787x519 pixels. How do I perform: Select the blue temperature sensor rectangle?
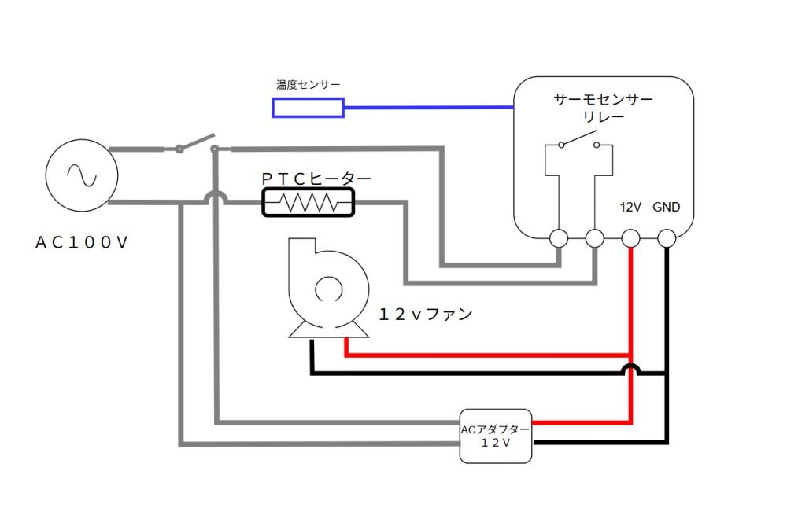[308, 107]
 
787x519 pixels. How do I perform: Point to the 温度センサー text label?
[308, 84]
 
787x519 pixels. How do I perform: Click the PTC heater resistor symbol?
[308, 203]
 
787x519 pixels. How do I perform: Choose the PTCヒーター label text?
[316, 179]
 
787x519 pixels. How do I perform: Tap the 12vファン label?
[426, 315]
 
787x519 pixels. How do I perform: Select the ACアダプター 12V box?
[495, 436]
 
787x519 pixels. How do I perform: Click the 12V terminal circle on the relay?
[631, 237]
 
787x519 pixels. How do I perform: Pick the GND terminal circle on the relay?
[667, 237]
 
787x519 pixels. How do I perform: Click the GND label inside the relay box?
[667, 208]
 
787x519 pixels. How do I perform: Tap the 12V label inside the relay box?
[631, 208]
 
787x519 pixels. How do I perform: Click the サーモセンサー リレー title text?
[604, 108]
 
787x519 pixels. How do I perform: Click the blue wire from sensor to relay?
[429, 107]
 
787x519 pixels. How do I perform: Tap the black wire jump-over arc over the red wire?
[630, 368]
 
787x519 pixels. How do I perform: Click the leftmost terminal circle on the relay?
[560, 237]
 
